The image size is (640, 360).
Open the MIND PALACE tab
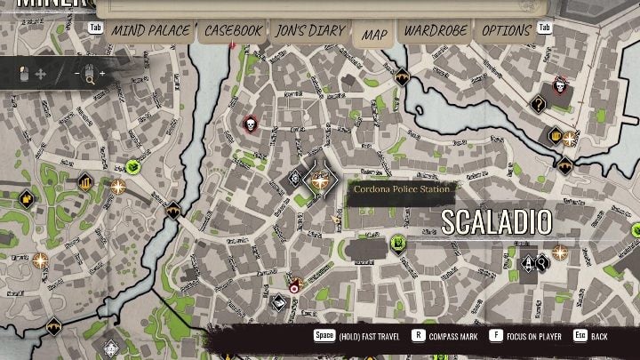click(x=150, y=31)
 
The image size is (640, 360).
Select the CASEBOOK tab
click(x=233, y=31)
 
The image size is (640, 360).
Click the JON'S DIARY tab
click(x=309, y=31)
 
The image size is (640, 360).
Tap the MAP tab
click(x=374, y=35)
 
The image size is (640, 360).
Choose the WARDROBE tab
click(x=435, y=31)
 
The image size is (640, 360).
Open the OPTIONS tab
click(x=506, y=31)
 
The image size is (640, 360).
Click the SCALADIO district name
click(x=496, y=221)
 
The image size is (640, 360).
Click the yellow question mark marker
click(x=537, y=104)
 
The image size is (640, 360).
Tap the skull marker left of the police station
click(x=249, y=124)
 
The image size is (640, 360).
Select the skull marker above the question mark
click(x=560, y=85)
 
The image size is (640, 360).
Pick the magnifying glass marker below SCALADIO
click(x=541, y=262)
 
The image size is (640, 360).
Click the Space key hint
click(x=324, y=337)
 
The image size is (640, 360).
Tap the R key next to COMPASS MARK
click(x=418, y=337)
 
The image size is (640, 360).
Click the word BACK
click(x=599, y=338)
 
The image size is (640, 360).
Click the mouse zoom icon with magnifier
click(x=89, y=74)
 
